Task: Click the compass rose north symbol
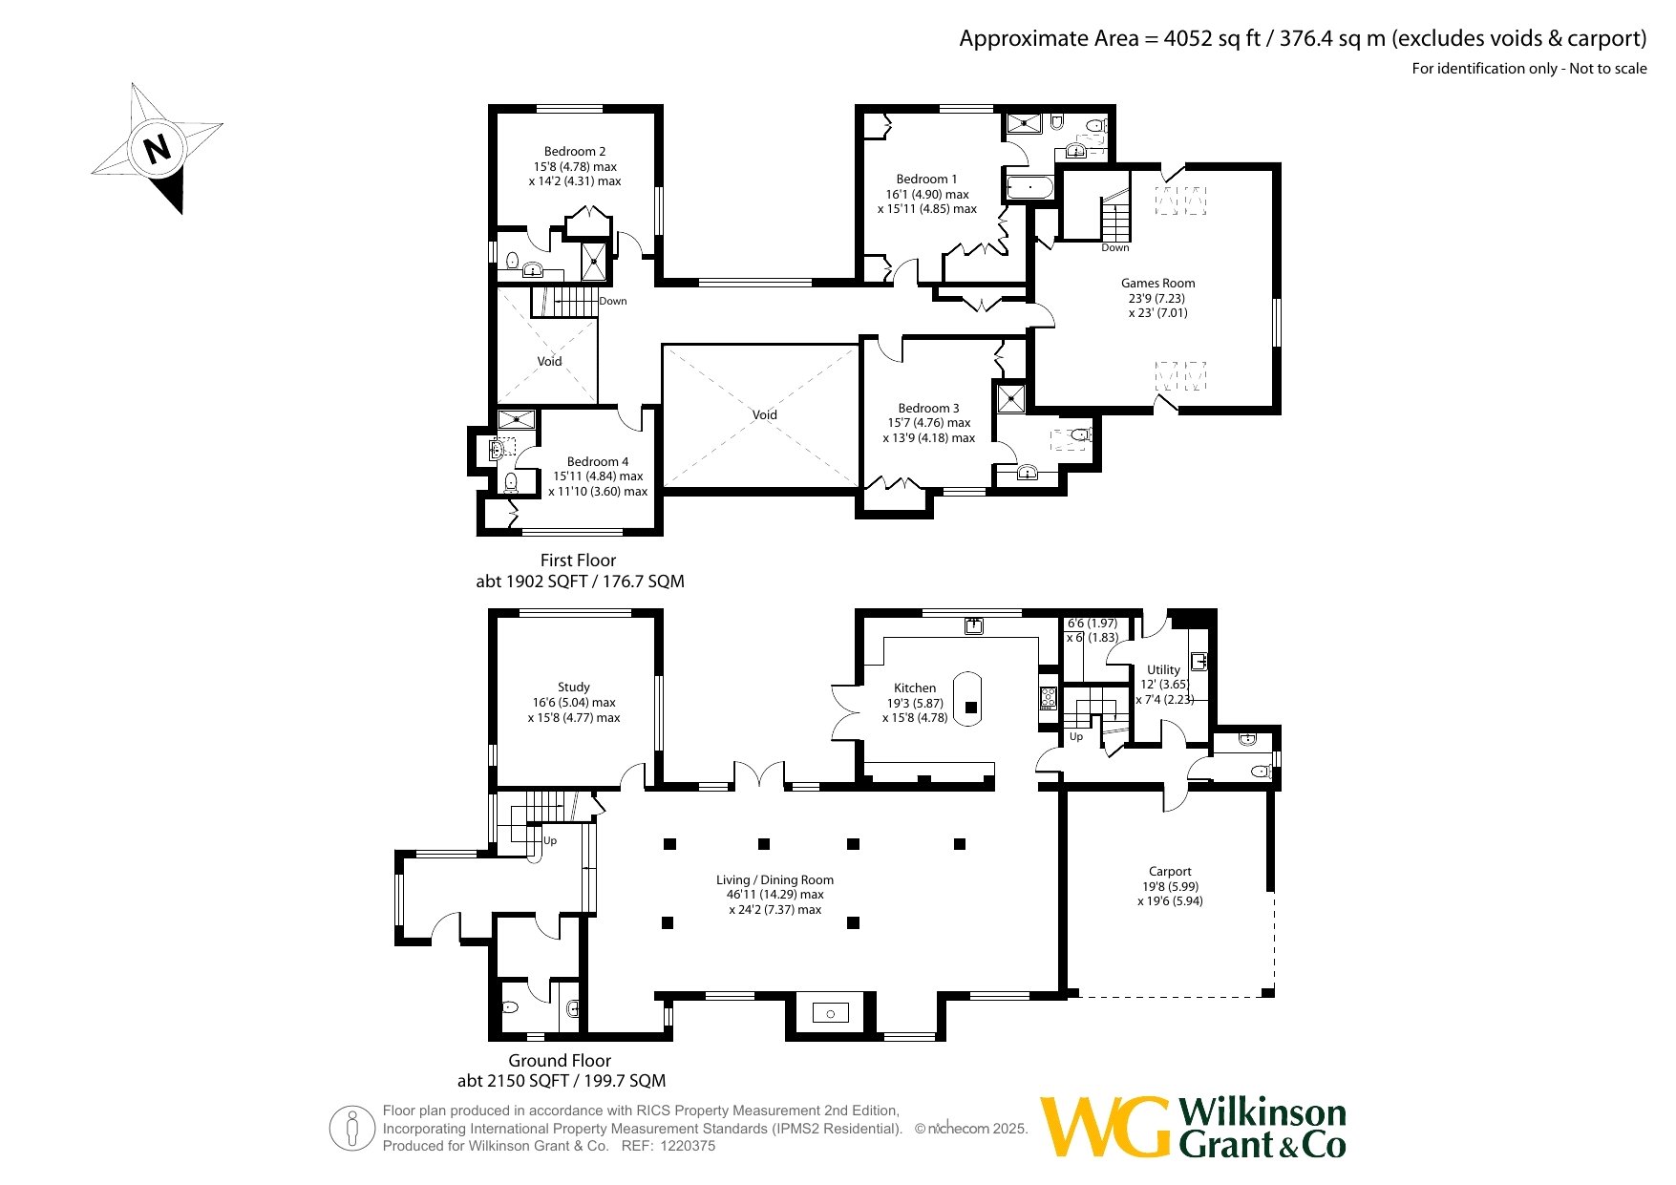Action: [x=158, y=149]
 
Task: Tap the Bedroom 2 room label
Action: [x=575, y=152]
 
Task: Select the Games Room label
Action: [x=1157, y=283]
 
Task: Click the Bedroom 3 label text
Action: [x=928, y=408]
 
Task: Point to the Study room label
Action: [x=574, y=687]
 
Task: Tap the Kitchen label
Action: [x=915, y=688]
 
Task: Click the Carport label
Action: [x=1170, y=872]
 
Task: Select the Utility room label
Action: [x=1163, y=669]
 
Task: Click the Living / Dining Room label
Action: [x=775, y=880]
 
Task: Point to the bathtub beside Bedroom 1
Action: [x=1029, y=187]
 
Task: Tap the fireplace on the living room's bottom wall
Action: [x=830, y=1013]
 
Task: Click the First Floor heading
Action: [x=578, y=561]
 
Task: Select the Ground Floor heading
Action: [x=560, y=1060]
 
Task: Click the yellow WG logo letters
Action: [x=1105, y=1128]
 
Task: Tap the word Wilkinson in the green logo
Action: [x=1262, y=1112]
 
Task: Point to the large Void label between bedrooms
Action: [x=764, y=414]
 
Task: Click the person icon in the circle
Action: [x=352, y=1128]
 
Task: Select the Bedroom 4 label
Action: [x=598, y=461]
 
